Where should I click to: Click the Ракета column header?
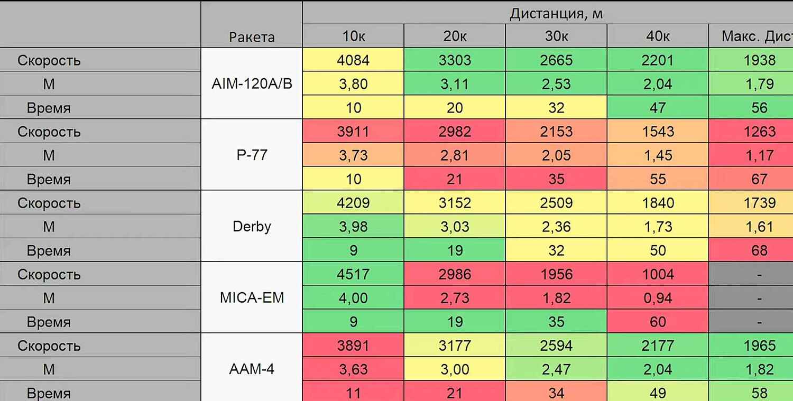pos(252,37)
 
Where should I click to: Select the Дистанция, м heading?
pos(556,14)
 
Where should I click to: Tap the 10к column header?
pos(353,36)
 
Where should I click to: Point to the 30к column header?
pos(556,36)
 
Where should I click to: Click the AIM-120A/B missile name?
pos(252,84)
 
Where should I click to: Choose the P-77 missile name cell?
pos(252,155)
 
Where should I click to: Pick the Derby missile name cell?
pos(252,227)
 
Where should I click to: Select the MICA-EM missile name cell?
pos(252,298)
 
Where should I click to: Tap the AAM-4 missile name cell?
pos(252,369)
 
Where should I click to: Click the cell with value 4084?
pos(353,60)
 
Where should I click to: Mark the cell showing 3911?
pos(353,132)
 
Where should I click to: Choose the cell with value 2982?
pos(455,132)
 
